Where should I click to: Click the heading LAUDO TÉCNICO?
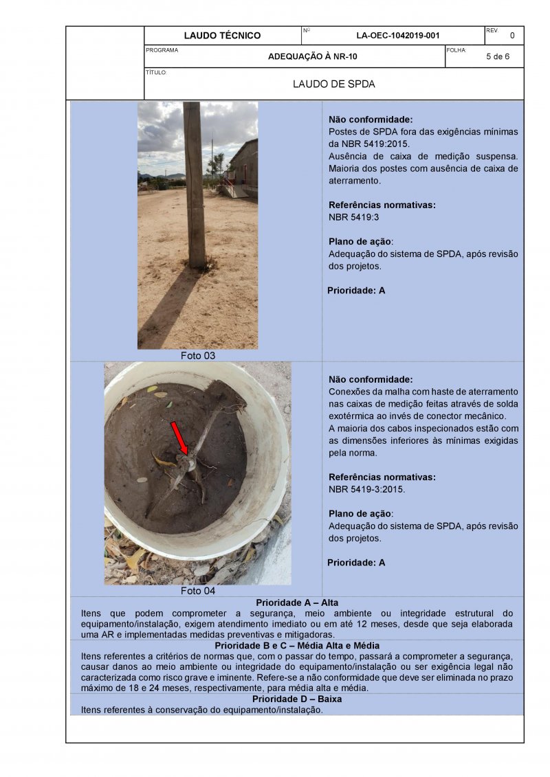(x=222, y=36)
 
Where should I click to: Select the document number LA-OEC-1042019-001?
(x=398, y=36)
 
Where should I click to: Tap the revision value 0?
(x=511, y=36)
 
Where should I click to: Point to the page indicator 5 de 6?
(x=497, y=57)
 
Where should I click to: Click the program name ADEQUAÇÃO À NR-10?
(x=313, y=57)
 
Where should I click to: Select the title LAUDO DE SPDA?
(x=333, y=85)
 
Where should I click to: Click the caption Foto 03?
(x=198, y=356)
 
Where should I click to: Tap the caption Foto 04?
(x=198, y=591)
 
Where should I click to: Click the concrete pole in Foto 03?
(x=195, y=185)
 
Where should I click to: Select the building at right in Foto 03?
(x=243, y=168)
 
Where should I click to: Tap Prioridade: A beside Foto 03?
(x=356, y=291)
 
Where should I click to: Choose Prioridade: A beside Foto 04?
(x=356, y=563)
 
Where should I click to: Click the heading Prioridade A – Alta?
(x=297, y=603)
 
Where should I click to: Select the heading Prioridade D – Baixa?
(x=297, y=699)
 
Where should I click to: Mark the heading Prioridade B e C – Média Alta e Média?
(x=297, y=646)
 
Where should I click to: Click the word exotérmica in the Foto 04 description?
(x=357, y=416)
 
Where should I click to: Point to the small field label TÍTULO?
(x=156, y=72)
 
